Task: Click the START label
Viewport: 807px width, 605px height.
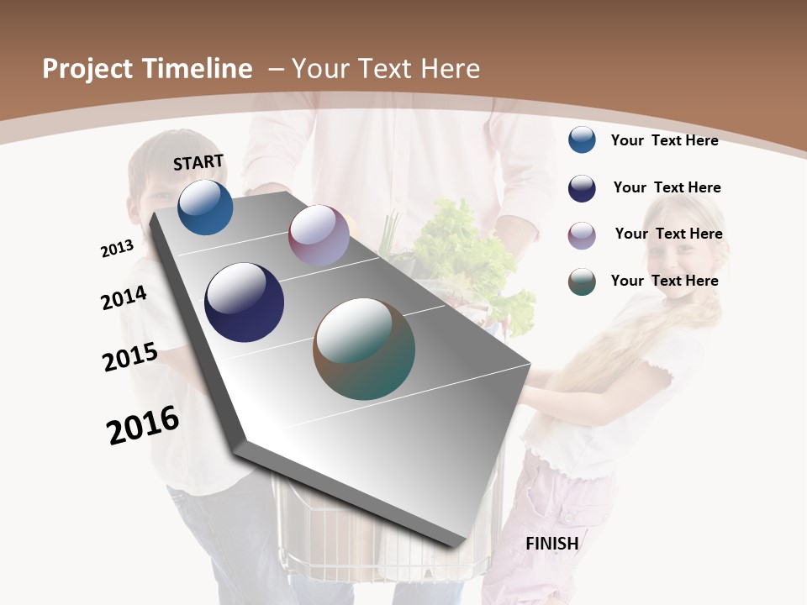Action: point(198,161)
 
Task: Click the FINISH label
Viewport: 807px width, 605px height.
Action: point(552,544)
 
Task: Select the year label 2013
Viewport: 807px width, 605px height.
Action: point(118,249)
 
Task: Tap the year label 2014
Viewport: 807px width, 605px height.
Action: point(124,297)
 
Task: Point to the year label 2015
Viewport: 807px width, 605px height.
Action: point(130,357)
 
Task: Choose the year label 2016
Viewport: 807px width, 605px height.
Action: point(143,424)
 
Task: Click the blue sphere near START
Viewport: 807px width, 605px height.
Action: point(205,207)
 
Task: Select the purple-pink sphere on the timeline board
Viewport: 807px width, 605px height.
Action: point(319,235)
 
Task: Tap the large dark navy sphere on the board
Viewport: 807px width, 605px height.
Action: point(244,302)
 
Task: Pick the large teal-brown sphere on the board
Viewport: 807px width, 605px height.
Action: point(364,349)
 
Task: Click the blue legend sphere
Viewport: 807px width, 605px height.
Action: point(582,139)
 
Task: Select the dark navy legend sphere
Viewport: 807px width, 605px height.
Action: point(582,188)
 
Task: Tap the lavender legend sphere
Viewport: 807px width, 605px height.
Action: point(582,235)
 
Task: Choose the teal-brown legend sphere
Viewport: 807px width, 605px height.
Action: point(582,281)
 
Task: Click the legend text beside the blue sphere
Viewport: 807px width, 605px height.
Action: point(665,140)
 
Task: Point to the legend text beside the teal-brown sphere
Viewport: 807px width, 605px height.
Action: point(665,281)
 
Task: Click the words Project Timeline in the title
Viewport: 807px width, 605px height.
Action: point(147,69)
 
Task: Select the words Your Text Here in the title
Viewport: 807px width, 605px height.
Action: point(386,69)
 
